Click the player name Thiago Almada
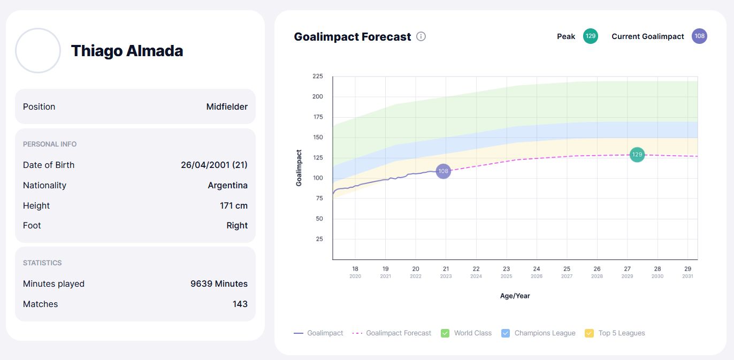127,51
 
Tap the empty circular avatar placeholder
38,51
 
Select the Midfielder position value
227,106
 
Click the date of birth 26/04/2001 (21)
214,165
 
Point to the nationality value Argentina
227,185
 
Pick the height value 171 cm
234,205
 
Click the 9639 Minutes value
219,284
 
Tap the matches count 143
240,304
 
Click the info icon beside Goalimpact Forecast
421,36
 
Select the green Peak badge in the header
591,36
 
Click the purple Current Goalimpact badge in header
699,36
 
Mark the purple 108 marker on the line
443,171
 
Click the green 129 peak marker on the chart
637,155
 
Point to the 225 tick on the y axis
318,76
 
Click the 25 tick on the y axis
319,239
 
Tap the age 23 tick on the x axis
506,269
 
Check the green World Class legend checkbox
445,333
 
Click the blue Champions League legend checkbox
506,333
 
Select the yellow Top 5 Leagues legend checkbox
590,333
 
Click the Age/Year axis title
515,296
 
